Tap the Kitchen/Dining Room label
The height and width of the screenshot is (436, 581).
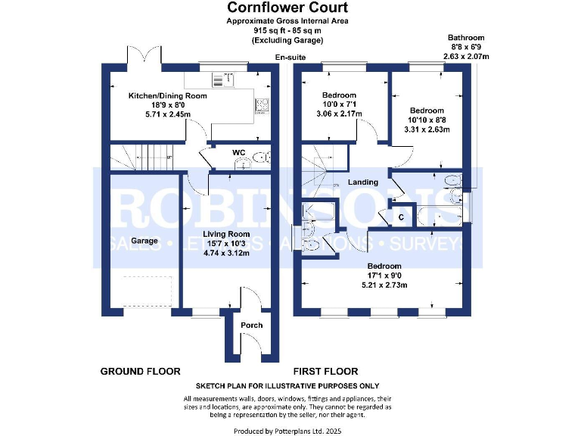(x=167, y=96)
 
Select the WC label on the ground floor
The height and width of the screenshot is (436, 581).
(x=238, y=152)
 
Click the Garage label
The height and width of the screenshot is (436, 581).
(x=144, y=241)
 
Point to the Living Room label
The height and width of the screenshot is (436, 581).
(x=226, y=234)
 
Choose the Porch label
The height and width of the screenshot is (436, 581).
(x=251, y=325)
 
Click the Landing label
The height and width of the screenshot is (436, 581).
(x=362, y=182)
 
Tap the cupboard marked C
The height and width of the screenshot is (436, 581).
(x=401, y=216)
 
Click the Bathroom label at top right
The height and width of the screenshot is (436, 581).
(x=466, y=38)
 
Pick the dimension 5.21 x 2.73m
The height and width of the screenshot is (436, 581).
(x=387, y=285)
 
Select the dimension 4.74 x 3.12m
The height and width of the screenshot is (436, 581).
(x=226, y=253)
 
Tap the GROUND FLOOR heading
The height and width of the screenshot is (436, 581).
(x=140, y=372)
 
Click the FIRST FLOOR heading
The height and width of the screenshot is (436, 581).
(x=325, y=372)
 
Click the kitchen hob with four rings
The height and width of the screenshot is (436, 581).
(x=263, y=106)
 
